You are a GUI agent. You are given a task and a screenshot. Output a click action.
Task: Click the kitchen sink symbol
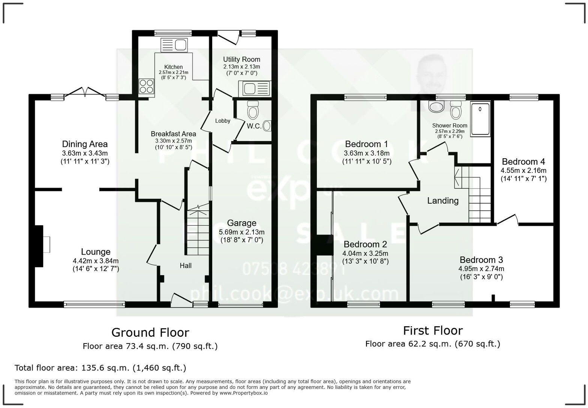point(174,45)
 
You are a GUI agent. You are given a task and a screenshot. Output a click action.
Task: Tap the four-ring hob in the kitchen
point(147,87)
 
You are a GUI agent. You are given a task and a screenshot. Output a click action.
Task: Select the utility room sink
point(254,89)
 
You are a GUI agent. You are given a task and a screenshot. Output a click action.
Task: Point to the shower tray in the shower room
point(480,118)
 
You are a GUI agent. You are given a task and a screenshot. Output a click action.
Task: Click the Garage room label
point(241,223)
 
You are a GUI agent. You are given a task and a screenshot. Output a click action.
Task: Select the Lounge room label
point(96,252)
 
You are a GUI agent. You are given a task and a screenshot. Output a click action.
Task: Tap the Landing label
point(442,201)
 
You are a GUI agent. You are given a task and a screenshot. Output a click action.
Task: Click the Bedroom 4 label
point(523,162)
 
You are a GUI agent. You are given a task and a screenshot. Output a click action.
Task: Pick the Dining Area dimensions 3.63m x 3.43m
point(85,153)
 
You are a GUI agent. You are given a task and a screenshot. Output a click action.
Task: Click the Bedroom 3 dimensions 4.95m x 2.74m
point(481,268)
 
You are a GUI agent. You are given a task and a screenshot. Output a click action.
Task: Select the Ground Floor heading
point(150,332)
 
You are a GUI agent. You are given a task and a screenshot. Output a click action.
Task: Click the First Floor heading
point(432,330)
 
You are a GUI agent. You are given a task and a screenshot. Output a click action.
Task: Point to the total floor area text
point(100,367)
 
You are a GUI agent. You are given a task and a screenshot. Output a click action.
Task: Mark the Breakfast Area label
point(173,133)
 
